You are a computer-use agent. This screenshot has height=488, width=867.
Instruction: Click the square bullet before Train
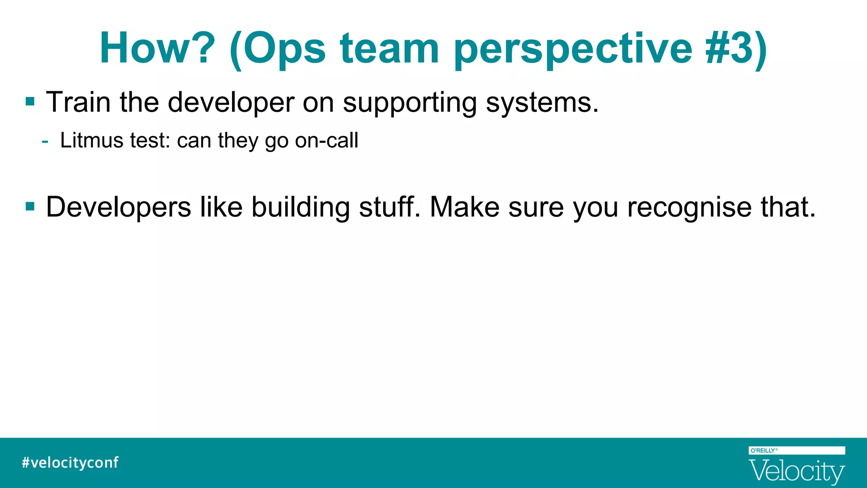pos(30,102)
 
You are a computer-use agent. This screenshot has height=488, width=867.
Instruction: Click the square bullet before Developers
pos(30,207)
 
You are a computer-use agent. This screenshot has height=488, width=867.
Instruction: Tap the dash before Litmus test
pos(45,141)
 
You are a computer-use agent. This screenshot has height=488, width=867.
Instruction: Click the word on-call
pos(326,140)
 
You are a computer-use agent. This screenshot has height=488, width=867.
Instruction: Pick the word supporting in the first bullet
pos(410,103)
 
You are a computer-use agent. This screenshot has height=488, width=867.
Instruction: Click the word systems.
pos(542,103)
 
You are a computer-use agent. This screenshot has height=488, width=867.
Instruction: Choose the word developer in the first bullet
pos(231,103)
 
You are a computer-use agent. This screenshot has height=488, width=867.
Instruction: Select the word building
pos(301,208)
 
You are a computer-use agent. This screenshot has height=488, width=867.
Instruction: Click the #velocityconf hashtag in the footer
pos(70,462)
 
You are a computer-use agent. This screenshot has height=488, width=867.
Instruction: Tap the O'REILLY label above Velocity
pos(763,450)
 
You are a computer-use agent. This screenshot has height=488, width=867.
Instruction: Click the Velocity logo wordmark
pos(796,471)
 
